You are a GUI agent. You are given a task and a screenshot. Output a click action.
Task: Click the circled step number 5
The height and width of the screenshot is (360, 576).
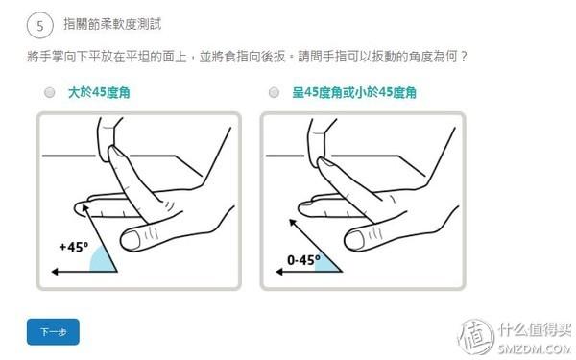point(40,26)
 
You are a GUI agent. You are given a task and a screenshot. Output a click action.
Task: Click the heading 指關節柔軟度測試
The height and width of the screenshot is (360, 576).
point(112,24)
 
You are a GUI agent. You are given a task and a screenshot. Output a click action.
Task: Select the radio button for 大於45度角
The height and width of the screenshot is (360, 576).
point(50,92)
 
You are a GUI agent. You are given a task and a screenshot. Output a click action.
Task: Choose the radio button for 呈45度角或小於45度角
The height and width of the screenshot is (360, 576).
point(274,92)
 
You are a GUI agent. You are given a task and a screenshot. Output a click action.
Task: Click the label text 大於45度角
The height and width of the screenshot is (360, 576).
point(99,92)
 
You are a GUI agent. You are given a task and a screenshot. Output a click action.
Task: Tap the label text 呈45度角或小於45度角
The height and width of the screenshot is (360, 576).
point(354,92)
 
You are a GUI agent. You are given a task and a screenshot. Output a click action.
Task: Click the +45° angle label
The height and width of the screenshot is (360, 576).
point(74,247)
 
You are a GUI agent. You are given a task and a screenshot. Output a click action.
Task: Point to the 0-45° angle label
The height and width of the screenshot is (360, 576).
point(303,260)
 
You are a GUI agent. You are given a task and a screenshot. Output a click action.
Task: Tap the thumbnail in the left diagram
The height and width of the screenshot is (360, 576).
point(131,239)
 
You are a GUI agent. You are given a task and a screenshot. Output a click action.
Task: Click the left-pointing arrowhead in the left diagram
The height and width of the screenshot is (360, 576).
point(55,272)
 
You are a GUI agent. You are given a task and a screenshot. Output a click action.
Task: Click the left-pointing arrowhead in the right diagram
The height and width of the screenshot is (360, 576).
point(279,272)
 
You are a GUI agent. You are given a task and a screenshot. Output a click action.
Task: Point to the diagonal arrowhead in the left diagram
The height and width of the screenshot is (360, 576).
point(85,208)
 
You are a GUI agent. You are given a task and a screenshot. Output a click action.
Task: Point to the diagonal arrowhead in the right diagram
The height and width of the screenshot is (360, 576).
point(293,223)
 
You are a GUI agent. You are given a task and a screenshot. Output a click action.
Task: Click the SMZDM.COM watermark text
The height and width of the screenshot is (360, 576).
point(535,348)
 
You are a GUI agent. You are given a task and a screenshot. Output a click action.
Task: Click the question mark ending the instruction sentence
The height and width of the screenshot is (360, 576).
point(464,57)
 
